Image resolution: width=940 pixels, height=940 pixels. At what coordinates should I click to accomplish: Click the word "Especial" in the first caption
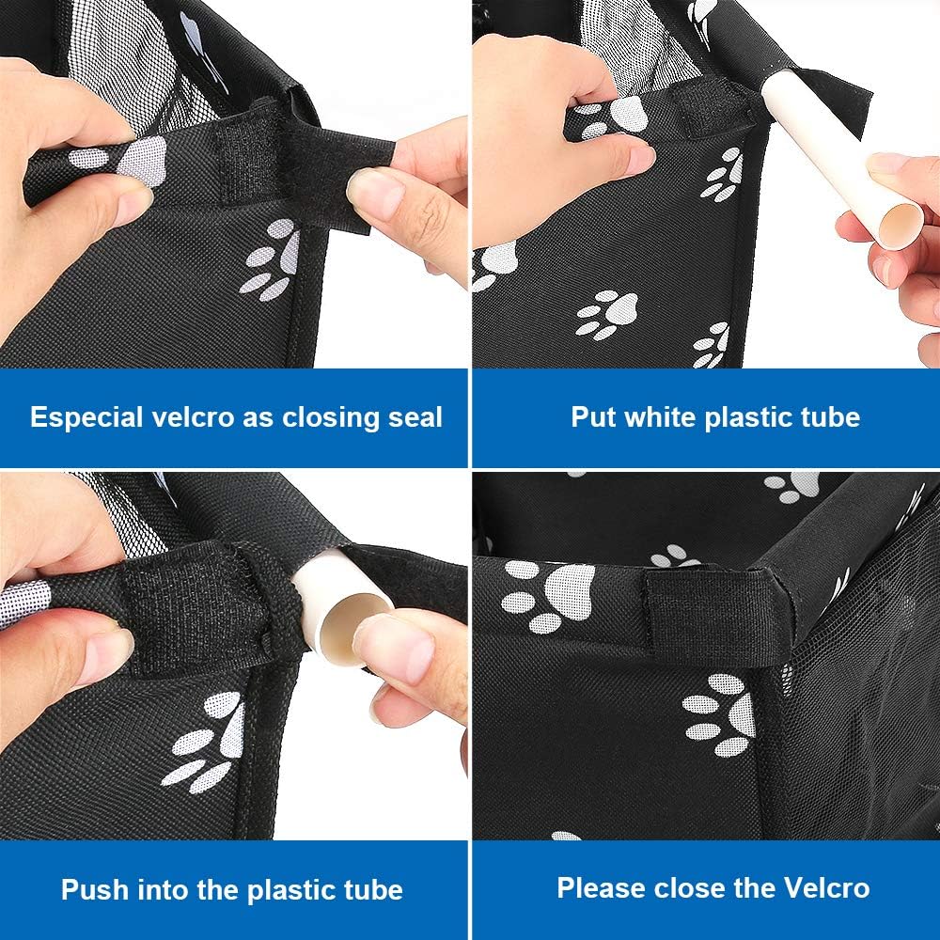click(86, 418)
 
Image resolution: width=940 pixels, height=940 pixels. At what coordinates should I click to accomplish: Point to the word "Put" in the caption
click(593, 417)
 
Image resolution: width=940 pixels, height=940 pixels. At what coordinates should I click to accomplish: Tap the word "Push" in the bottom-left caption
click(94, 889)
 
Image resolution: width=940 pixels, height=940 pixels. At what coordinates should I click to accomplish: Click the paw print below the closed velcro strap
click(719, 714)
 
